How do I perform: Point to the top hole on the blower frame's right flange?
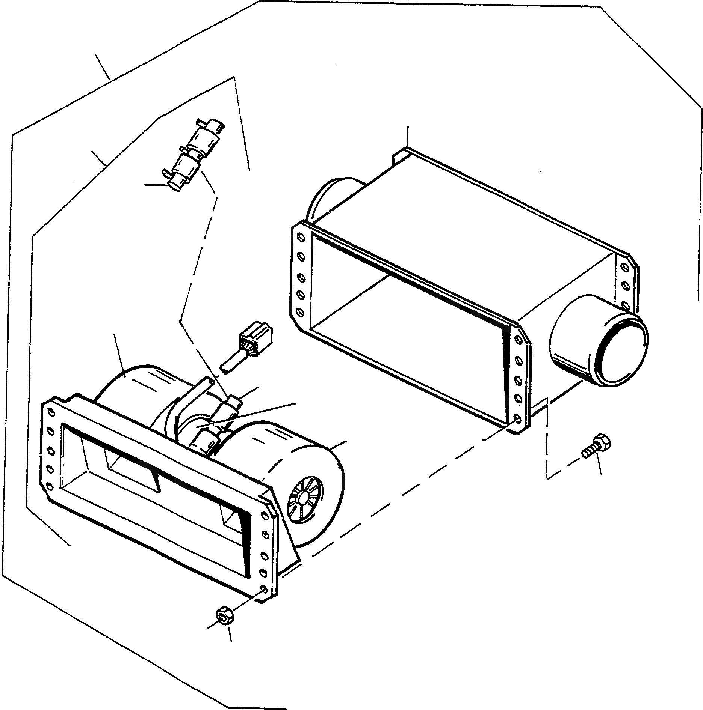tap(265, 512)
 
